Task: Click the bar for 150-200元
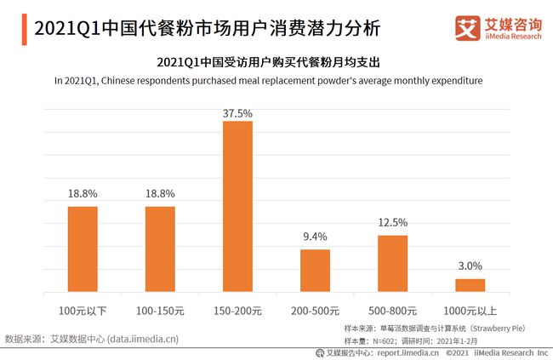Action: point(237,207)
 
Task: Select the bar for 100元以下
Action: point(83,249)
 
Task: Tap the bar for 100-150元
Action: point(160,249)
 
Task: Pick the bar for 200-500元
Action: point(315,271)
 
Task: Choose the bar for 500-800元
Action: point(392,264)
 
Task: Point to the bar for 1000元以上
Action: point(470,285)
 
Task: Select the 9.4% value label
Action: point(315,237)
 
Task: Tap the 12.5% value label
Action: point(392,223)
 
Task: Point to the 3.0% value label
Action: point(470,266)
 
